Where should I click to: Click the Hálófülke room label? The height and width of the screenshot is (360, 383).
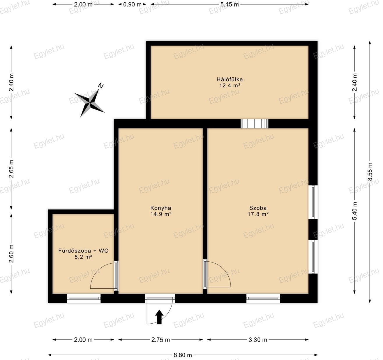(x=229, y=79)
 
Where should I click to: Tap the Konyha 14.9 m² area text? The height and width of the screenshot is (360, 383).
(x=161, y=214)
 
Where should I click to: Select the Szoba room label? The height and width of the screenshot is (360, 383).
(x=258, y=208)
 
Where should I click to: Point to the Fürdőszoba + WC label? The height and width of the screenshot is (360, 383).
(x=83, y=251)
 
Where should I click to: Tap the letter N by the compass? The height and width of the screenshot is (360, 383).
(x=101, y=86)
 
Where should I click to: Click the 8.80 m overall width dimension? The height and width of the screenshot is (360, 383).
(x=183, y=355)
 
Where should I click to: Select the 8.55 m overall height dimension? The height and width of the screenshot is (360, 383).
(x=370, y=172)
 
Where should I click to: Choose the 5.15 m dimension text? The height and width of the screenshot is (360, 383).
(x=230, y=4)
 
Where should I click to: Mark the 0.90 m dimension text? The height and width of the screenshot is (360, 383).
(x=132, y=4)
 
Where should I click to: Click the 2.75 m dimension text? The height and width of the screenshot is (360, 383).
(x=160, y=340)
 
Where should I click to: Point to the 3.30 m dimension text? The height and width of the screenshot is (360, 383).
(x=258, y=340)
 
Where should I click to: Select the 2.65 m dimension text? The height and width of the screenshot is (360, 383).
(x=11, y=169)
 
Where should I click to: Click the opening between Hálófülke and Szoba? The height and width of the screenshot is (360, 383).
(x=254, y=124)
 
